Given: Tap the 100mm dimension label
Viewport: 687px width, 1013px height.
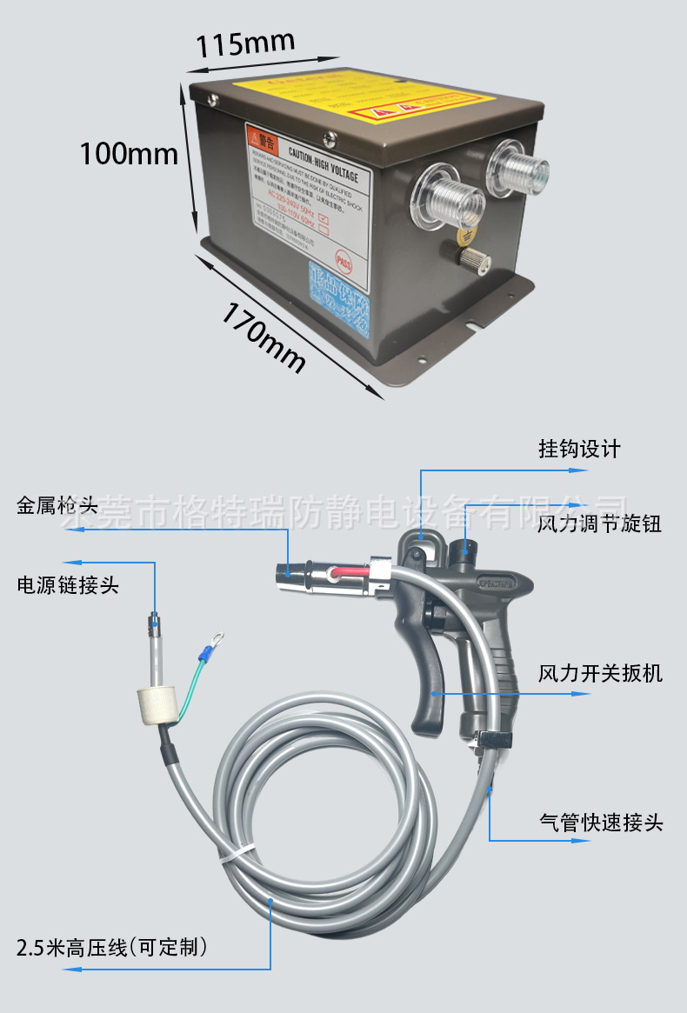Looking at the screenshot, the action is (129, 154).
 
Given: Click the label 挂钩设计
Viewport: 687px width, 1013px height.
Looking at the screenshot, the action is (579, 449).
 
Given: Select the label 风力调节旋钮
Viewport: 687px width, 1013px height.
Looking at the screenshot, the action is (599, 524).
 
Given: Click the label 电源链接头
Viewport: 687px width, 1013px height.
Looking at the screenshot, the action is (68, 585).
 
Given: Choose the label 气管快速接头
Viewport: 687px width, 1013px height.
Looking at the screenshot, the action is (601, 822).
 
